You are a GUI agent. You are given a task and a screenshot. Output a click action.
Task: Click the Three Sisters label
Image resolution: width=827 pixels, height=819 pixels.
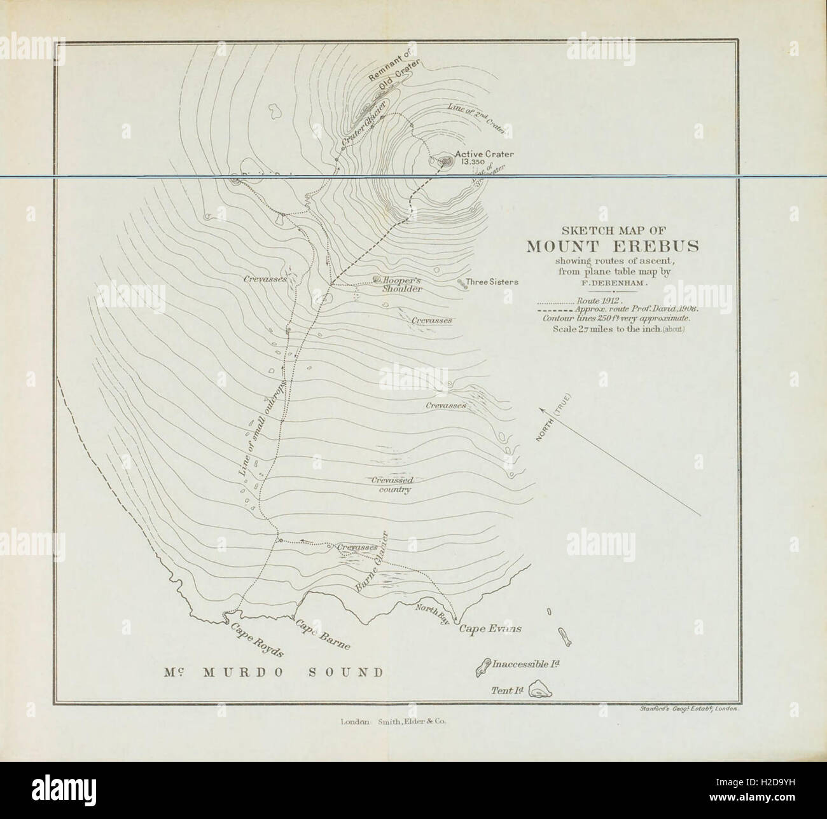pyautogui.click(x=492, y=282)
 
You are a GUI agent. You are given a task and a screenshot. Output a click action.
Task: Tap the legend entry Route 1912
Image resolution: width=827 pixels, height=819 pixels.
pyautogui.click(x=597, y=299)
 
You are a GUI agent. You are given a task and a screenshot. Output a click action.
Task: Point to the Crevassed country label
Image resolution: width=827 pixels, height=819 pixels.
pyautogui.click(x=391, y=485)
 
